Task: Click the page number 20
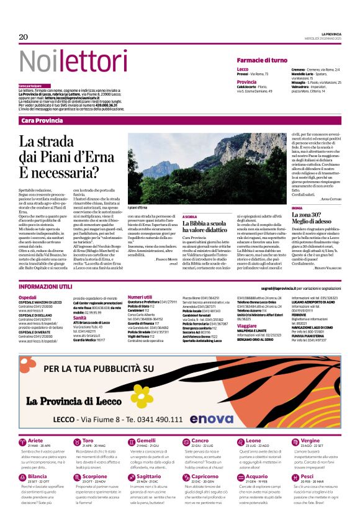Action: (24, 37)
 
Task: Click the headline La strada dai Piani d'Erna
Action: (71, 151)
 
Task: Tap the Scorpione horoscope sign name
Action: (95, 477)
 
